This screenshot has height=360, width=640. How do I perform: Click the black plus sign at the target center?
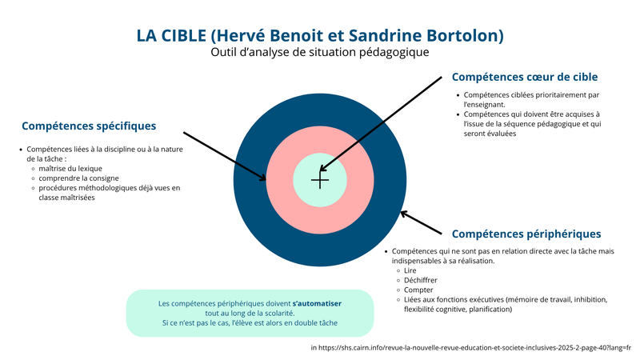point(320,181)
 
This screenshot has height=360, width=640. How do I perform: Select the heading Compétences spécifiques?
point(89,126)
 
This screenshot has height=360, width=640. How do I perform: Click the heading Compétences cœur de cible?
point(525,77)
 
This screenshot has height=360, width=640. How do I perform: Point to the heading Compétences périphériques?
point(526,234)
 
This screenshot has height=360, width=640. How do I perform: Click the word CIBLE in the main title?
point(184,35)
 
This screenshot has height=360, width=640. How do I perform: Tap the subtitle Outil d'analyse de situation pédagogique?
point(319,52)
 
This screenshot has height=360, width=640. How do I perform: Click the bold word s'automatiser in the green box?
point(317,304)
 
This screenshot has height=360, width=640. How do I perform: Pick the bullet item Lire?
point(410,270)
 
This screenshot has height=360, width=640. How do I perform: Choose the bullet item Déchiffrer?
point(421,281)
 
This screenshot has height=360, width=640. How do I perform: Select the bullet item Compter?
point(418,290)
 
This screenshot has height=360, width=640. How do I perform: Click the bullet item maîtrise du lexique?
point(70,169)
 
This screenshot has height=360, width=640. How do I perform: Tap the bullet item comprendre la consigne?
point(78,178)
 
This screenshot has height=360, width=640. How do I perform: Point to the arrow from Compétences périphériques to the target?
point(421,222)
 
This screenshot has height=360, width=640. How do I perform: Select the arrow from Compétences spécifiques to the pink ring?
point(225,156)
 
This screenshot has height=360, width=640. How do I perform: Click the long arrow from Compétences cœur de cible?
point(381,124)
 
